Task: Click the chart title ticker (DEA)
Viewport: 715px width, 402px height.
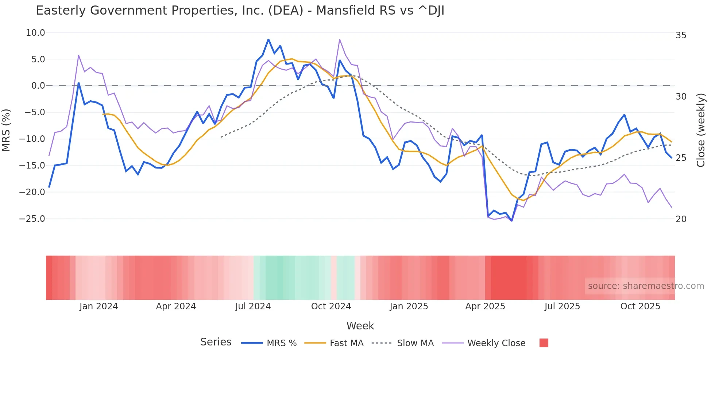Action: [286, 11]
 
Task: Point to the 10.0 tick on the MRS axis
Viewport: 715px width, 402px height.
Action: [35, 33]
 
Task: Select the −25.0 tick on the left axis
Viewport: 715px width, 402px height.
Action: [32, 219]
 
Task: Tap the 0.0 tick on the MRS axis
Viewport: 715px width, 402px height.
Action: [38, 86]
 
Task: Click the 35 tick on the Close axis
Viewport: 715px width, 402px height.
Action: [681, 35]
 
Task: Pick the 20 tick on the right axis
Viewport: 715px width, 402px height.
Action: [681, 219]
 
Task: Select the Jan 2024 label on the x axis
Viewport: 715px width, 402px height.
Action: [98, 306]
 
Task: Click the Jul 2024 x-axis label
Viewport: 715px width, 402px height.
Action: [253, 306]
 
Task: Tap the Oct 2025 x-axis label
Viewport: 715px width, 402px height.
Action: [640, 306]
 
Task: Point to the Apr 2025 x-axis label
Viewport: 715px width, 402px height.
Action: [485, 306]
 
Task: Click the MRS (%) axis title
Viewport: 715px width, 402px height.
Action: [6, 130]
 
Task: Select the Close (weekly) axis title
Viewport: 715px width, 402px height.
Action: [700, 130]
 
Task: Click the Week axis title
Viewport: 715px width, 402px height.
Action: [360, 326]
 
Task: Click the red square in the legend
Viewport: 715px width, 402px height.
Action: [544, 343]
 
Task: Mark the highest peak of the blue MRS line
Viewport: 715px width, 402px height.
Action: [268, 39]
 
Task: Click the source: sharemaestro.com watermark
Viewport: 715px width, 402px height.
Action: [646, 286]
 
